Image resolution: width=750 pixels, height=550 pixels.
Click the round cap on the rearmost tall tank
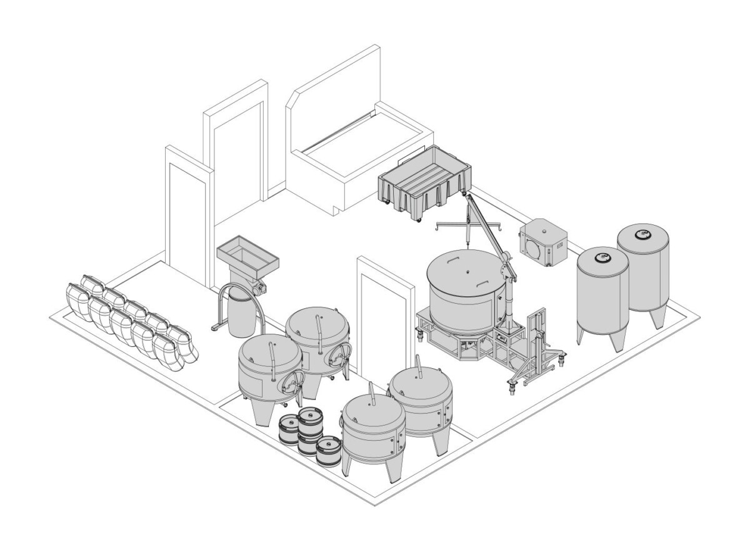[x=642, y=235]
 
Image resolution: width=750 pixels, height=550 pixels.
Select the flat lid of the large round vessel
[x=466, y=272]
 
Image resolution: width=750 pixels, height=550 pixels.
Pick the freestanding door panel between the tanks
[x=382, y=312]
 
